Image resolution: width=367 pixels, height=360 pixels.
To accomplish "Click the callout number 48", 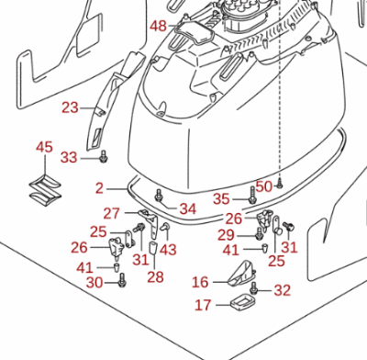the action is tap(158, 26).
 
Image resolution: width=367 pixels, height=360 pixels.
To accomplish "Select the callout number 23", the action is tap(70, 107).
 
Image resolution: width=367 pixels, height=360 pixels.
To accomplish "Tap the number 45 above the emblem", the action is tap(44, 147).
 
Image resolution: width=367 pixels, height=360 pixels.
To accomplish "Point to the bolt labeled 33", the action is tap(104, 156).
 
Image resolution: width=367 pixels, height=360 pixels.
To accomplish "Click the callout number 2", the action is tap(99, 188).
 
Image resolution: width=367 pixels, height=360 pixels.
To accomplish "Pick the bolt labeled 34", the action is tap(159, 196).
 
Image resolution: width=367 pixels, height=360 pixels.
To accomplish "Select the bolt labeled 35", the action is tap(252, 196).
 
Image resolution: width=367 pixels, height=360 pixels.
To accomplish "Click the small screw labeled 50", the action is tap(280, 184).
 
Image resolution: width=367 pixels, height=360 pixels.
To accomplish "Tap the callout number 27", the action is tap(111, 214).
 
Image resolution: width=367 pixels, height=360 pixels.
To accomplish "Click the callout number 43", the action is tap(168, 250).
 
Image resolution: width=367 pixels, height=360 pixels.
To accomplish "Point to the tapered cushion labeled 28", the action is tap(153, 248).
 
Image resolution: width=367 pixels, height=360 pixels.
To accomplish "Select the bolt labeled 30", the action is tap(123, 280).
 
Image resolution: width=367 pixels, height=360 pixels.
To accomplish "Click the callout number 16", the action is tap(200, 282).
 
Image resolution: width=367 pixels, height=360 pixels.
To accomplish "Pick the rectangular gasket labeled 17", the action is tap(240, 302).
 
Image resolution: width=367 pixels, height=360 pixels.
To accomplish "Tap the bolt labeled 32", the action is tap(253, 288).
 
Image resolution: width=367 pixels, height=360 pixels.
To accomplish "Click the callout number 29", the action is tap(226, 235).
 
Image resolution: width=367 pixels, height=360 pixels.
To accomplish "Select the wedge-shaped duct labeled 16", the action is tap(241, 273).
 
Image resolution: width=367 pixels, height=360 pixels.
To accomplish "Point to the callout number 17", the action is tap(203, 305).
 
